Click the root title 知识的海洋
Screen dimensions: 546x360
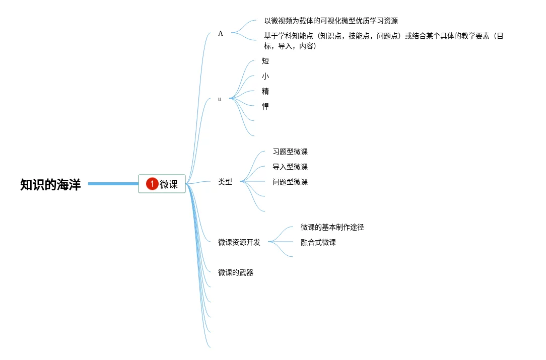click(x=50, y=185)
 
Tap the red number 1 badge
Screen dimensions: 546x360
click(x=152, y=184)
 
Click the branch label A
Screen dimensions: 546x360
click(x=221, y=33)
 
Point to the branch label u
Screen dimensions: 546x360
click(x=220, y=99)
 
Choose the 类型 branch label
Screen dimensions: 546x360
click(x=225, y=182)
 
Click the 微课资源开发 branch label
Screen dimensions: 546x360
click(x=239, y=242)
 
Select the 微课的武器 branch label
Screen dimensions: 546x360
click(x=236, y=272)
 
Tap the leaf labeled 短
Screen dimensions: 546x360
click(x=265, y=61)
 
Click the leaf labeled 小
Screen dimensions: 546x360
click(x=265, y=76)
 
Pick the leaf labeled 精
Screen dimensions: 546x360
click(x=265, y=91)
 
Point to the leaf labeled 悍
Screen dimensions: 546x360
click(x=265, y=106)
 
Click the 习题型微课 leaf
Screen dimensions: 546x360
click(x=290, y=152)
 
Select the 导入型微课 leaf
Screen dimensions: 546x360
click(x=290, y=167)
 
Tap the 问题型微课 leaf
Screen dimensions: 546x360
click(x=290, y=182)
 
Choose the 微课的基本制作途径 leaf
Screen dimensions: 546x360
click(x=332, y=227)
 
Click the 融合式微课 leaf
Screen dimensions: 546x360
click(x=318, y=242)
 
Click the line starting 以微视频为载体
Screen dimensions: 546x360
click(x=331, y=21)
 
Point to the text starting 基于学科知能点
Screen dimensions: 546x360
click(x=383, y=36)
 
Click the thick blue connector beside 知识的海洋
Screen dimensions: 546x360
click(x=113, y=184)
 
